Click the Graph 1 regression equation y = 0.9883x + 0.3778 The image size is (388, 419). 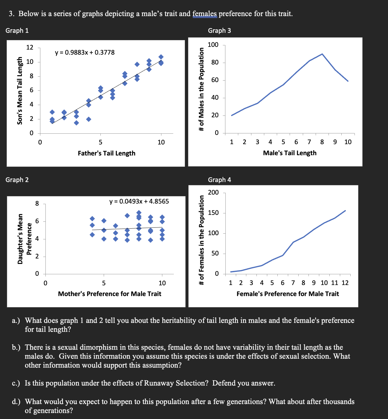pos(85,53)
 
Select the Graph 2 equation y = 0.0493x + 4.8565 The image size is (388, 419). pos(139,201)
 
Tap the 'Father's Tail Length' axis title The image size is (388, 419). pos(106,153)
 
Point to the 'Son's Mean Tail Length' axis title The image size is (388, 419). pos(20,91)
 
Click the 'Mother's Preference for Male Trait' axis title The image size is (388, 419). pos(109,294)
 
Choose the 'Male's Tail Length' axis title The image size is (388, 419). pos(289,153)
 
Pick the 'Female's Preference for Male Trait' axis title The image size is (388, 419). pos(288,294)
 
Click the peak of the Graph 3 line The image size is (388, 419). pos(322,54)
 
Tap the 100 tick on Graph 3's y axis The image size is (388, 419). pos(213,45)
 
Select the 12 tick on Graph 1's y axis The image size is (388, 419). pos(30,47)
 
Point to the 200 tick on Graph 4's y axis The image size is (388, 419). pos(213,192)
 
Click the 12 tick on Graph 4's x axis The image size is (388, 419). pos(345,283)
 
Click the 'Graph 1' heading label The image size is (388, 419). pos(17,31)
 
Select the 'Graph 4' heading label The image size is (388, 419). pos(219,180)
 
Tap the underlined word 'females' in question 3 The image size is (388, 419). pos(205,14)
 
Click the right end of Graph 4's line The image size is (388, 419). pos(345,211)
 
